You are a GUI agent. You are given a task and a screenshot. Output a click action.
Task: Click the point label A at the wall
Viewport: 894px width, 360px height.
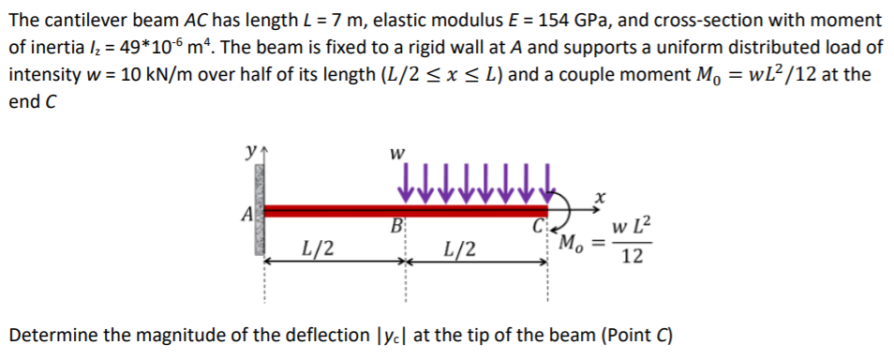click(x=246, y=214)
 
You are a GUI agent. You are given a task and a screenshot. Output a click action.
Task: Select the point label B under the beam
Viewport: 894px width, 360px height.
click(x=397, y=227)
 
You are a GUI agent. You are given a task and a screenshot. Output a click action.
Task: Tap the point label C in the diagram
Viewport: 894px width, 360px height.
click(x=537, y=227)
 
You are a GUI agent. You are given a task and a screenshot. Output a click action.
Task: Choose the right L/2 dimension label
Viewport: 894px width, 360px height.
click(x=460, y=248)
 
